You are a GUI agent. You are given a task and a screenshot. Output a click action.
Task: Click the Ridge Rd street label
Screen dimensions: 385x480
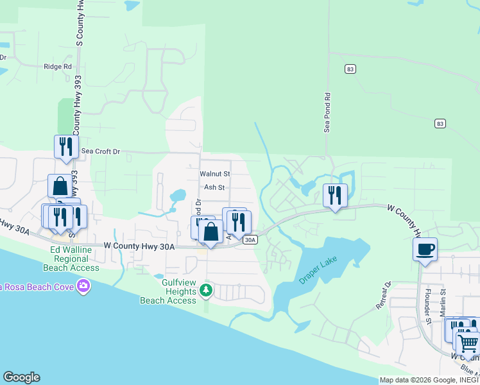pos(57,67)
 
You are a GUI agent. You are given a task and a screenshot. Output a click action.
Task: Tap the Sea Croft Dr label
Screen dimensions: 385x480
pos(101,151)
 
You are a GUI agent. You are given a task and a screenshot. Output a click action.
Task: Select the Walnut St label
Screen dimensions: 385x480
pos(214,174)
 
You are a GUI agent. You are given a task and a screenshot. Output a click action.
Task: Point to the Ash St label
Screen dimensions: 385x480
pos(214,188)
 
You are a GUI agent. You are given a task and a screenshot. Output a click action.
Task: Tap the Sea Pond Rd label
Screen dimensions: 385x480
pos(327,113)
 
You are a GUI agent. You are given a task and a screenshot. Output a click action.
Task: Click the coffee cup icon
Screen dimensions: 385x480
pos(425,249)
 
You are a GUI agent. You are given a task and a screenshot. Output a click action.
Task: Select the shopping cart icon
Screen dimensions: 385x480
pos(467,342)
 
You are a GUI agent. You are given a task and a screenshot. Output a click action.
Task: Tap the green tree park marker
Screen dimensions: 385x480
pos(206,290)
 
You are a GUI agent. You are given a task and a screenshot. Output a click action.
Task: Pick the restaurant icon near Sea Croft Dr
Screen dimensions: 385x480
pos(66,147)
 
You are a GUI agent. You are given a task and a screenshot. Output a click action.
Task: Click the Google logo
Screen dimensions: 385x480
pos(21,377)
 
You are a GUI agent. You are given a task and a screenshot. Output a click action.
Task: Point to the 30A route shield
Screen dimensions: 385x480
pos(250,240)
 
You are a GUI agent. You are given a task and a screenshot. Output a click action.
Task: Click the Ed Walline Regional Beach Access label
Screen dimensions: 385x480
pos(71,259)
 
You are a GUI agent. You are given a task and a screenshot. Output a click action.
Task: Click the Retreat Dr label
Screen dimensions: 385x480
pos(382,295)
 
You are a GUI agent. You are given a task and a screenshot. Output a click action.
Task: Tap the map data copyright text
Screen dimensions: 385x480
pos(428,380)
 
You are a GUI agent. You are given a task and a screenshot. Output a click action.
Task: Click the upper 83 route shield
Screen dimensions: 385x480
pos(350,69)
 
